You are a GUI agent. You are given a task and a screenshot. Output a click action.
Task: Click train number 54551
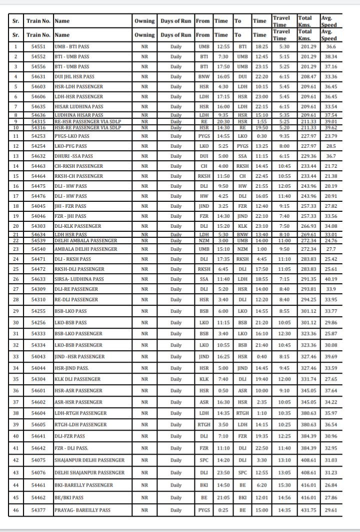tap(38, 46)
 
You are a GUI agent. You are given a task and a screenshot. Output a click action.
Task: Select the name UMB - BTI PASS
tap(72, 46)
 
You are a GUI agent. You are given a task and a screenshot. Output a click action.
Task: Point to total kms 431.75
tap(307, 510)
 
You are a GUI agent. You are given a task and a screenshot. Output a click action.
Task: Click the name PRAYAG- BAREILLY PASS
tap(82, 510)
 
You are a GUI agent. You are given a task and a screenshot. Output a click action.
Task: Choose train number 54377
tap(38, 510)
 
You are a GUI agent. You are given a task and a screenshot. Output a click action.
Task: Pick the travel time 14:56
tap(283, 498)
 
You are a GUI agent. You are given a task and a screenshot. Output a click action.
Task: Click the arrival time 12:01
tap(261, 498)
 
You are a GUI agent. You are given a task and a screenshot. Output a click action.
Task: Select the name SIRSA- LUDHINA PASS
tap(79, 279)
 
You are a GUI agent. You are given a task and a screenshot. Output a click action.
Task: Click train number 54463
tap(38, 166)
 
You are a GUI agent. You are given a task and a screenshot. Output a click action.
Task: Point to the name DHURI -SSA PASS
tap(73, 156)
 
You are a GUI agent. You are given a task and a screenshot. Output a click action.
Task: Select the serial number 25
tap(15, 269)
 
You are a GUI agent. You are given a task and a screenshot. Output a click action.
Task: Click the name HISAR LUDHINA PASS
tap(78, 106)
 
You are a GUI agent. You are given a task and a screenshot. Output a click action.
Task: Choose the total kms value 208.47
tap(307, 76)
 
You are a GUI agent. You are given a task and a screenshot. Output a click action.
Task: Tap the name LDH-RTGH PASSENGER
tap(80, 413)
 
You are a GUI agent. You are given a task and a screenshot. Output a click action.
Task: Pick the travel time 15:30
tap(283, 485)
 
